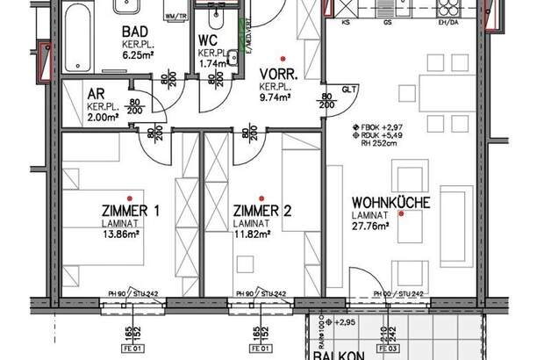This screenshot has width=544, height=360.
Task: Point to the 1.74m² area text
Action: (x=213, y=63)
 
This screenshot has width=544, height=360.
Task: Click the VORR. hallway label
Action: (x=280, y=76)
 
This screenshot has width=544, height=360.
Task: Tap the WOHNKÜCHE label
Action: (x=390, y=202)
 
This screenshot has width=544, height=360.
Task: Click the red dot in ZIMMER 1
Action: (x=129, y=196)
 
